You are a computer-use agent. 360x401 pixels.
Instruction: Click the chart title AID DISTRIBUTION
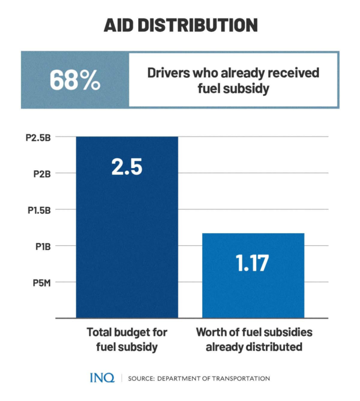click(x=180, y=25)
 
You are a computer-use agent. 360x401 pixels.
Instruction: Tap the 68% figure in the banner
click(x=75, y=80)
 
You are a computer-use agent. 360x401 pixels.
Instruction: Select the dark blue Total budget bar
click(x=127, y=244)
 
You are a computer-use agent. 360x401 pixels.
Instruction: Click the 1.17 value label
click(x=253, y=263)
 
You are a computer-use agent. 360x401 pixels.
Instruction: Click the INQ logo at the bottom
click(x=102, y=378)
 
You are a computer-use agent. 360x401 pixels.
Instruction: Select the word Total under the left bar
click(x=99, y=333)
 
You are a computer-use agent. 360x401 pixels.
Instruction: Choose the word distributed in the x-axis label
click(x=274, y=348)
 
